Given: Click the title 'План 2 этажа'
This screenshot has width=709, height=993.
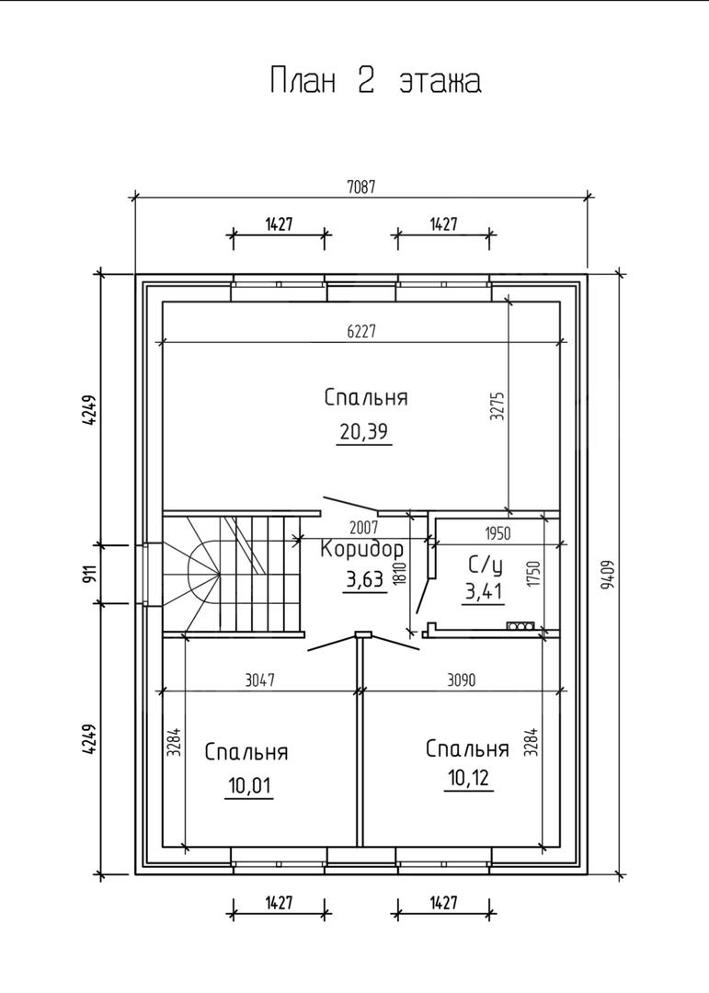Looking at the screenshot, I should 375,81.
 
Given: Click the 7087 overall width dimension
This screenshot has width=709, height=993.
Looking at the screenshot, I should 360,187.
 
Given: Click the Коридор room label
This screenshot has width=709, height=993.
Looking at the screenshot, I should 361,551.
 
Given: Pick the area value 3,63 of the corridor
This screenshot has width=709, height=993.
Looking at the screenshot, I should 365,581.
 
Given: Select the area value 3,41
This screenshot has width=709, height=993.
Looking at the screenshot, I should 484,592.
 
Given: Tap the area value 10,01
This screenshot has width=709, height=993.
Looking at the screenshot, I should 248,785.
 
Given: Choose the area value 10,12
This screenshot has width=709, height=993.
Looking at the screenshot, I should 469,779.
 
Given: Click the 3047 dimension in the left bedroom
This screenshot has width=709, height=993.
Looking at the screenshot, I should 260,680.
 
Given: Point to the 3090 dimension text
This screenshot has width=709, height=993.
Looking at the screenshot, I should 461,680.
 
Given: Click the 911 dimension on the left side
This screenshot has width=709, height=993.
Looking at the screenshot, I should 90,575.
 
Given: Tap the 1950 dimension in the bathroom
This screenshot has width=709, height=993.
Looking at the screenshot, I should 496,532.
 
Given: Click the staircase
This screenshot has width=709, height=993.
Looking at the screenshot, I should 230,575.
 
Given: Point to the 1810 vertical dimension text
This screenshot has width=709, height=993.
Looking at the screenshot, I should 398,573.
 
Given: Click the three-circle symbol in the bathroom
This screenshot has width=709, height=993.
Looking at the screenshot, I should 520,626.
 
